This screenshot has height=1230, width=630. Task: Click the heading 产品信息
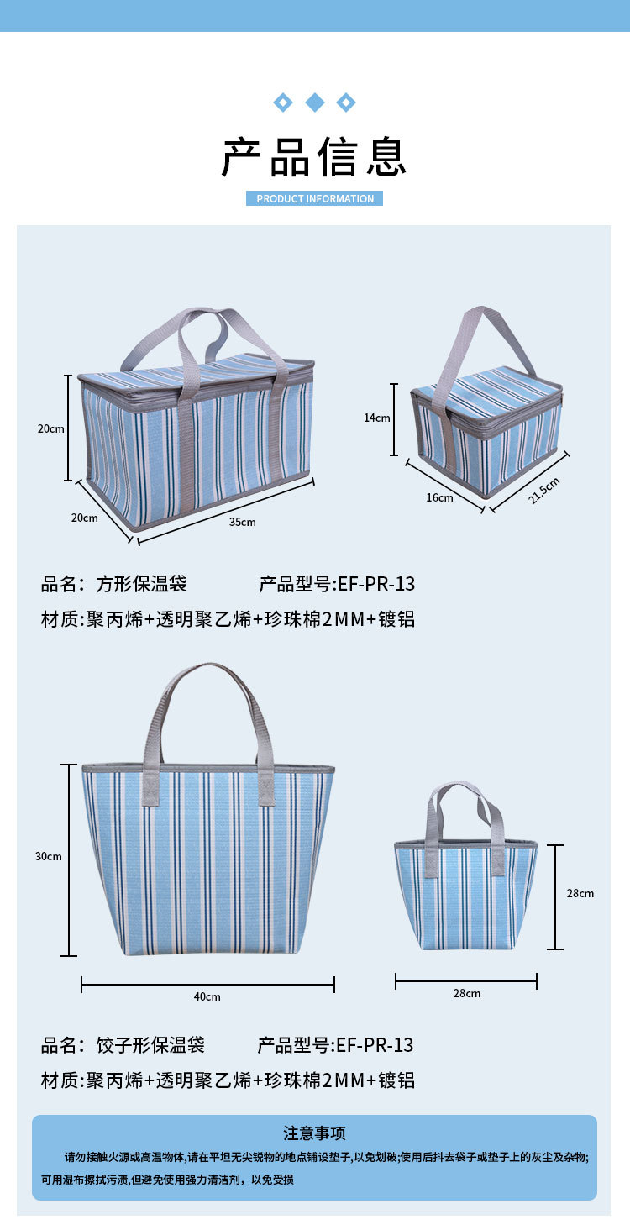(x=314, y=157)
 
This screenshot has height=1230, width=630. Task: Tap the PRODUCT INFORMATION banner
(x=315, y=199)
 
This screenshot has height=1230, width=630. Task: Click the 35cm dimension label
(x=242, y=522)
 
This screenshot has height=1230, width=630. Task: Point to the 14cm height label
(x=376, y=418)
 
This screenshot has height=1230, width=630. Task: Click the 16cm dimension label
(x=439, y=497)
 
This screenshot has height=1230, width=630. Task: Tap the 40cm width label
(x=207, y=996)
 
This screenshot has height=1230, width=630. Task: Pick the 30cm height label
(x=49, y=856)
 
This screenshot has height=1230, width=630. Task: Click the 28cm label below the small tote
(x=467, y=993)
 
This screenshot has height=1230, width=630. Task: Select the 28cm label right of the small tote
(x=580, y=893)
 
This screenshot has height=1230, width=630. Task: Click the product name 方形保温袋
(x=141, y=583)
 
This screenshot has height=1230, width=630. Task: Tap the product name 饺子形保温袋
(x=150, y=1045)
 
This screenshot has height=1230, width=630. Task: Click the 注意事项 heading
(x=314, y=1133)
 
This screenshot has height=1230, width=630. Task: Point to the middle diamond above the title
(x=315, y=102)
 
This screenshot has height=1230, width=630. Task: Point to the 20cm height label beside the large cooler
(x=50, y=428)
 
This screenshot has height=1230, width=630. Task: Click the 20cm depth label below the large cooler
(x=84, y=518)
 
